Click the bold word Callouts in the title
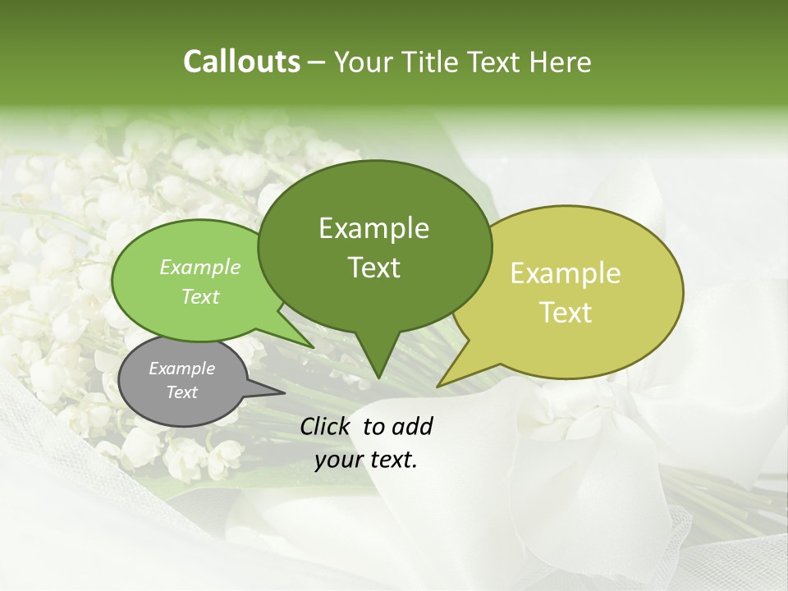pyautogui.click(x=241, y=62)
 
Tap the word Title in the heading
pyautogui.click(x=432, y=62)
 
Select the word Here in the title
pyautogui.click(x=560, y=62)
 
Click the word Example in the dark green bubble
pyautogui.click(x=373, y=228)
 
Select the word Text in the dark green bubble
pyautogui.click(x=373, y=268)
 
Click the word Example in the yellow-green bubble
pyautogui.click(x=566, y=273)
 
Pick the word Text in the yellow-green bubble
pyautogui.click(x=566, y=313)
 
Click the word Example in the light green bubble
pyautogui.click(x=200, y=267)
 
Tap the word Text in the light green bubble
pyautogui.click(x=200, y=296)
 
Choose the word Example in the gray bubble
pyautogui.click(x=181, y=369)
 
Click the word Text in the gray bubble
pyautogui.click(x=181, y=392)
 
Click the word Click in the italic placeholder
pyautogui.click(x=326, y=426)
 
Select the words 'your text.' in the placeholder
pyautogui.click(x=366, y=460)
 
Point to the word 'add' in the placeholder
pyautogui.click(x=411, y=426)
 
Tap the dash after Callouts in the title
pyautogui.click(x=318, y=62)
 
